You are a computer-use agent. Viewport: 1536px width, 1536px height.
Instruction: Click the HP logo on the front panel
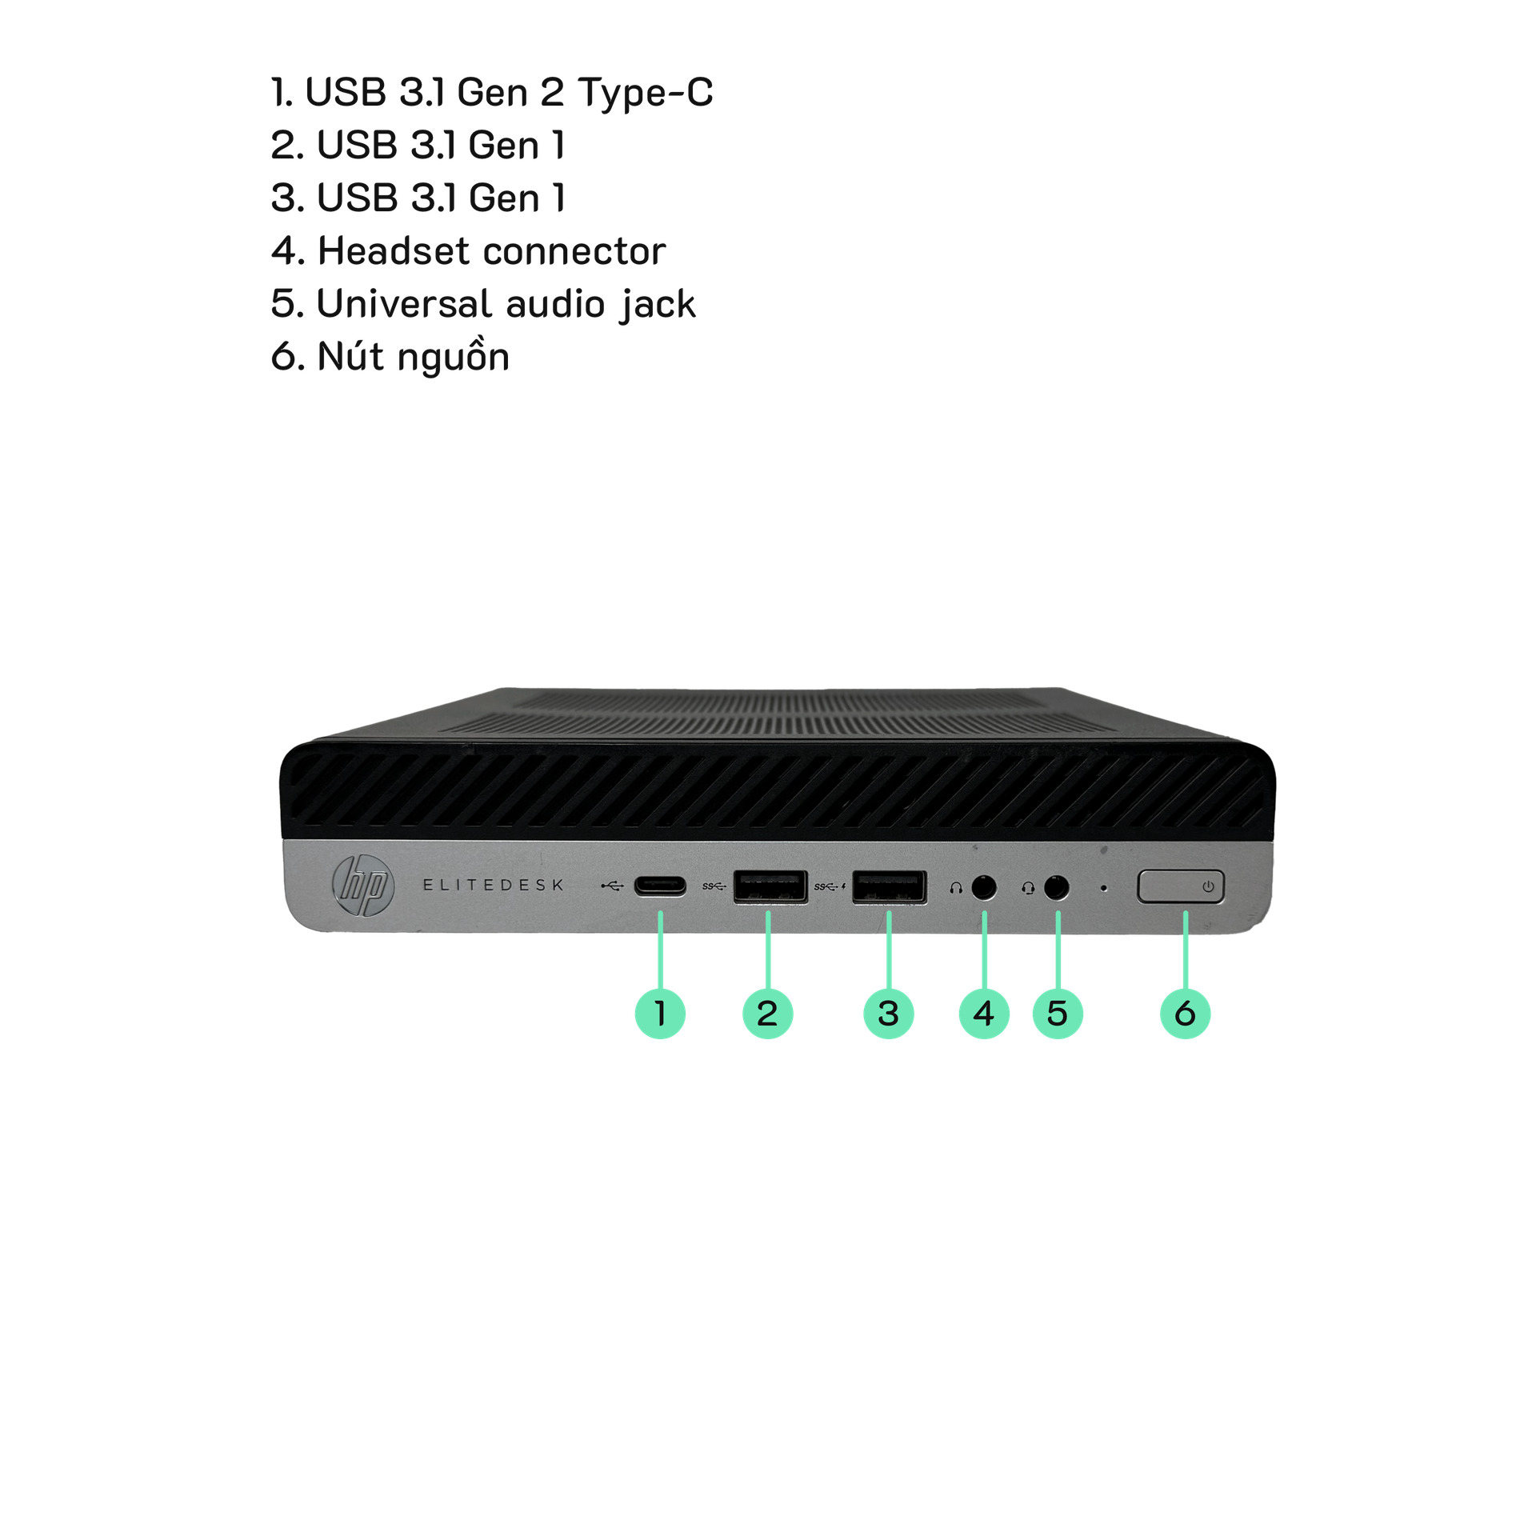[363, 886]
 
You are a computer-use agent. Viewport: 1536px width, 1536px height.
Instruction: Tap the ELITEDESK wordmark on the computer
[493, 885]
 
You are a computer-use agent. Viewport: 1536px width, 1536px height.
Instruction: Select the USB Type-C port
[660, 887]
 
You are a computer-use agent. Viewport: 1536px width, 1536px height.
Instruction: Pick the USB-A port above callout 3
[889, 887]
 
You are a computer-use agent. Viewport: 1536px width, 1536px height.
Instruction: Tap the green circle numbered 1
[660, 1014]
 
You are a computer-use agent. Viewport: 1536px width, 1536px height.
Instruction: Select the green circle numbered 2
[767, 1014]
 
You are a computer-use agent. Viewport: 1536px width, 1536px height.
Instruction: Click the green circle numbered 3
[889, 1014]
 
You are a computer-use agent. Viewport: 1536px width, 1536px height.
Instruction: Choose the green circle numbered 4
[984, 1014]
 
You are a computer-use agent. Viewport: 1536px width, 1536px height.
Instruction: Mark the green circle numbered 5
[1058, 1014]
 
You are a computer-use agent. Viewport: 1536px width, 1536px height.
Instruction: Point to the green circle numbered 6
[1185, 1014]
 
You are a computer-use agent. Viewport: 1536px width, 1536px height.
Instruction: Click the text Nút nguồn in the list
[413, 357]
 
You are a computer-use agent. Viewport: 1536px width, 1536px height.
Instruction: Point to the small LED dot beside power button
[1105, 888]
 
